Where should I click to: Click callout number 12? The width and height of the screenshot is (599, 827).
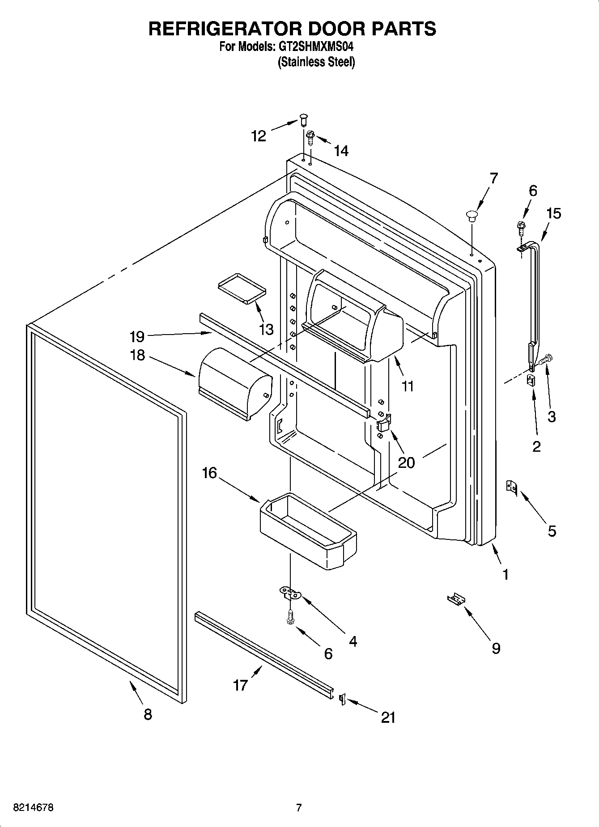click(x=259, y=136)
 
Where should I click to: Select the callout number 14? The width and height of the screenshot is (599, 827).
click(x=341, y=151)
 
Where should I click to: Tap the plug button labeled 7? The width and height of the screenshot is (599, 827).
click(x=471, y=216)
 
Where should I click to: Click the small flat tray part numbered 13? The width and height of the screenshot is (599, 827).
click(x=241, y=288)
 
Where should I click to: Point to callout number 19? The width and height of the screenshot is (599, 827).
click(x=137, y=336)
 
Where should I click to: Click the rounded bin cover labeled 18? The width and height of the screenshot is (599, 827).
click(x=234, y=383)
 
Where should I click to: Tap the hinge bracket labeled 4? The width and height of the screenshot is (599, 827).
click(x=290, y=594)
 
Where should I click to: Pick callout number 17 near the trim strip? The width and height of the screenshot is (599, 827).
click(x=240, y=685)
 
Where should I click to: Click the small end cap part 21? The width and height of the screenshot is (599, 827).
click(x=343, y=698)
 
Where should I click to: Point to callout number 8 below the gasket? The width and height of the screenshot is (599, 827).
click(x=148, y=714)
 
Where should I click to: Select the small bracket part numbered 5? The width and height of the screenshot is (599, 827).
click(x=511, y=487)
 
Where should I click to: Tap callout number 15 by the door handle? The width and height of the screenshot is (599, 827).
click(x=553, y=213)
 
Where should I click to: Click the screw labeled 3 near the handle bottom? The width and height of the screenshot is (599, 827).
click(x=547, y=358)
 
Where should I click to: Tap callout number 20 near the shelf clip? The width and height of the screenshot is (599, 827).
click(x=406, y=462)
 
